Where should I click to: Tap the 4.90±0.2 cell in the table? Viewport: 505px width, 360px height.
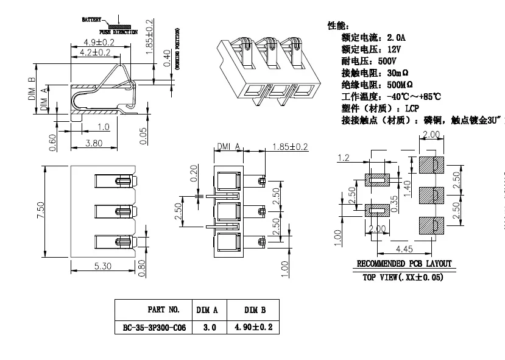(253, 327)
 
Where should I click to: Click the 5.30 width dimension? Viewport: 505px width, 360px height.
(102, 266)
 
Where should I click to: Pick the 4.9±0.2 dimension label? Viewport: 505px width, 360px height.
(99, 43)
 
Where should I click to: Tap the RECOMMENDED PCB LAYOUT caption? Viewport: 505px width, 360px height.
(404, 264)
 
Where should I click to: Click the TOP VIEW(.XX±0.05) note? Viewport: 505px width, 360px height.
(403, 277)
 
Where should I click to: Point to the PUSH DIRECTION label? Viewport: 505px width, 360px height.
(118, 32)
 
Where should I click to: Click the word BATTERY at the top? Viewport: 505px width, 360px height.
(91, 20)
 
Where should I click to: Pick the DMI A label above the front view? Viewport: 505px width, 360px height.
(229, 146)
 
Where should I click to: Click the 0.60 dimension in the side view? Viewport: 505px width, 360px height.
(53, 141)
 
